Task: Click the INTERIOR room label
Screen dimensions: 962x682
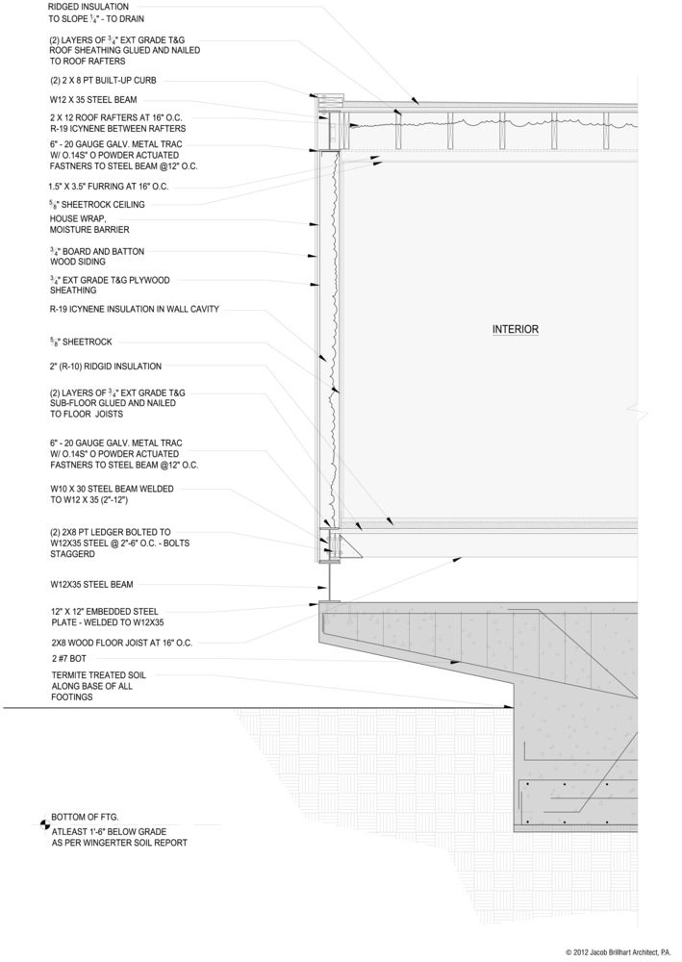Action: click(515, 329)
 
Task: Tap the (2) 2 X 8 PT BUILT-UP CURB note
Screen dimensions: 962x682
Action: click(102, 80)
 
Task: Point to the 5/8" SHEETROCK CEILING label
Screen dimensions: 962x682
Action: click(96, 205)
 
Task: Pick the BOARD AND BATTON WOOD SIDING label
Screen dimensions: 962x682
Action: click(97, 257)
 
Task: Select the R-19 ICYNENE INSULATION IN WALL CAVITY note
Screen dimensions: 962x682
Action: click(134, 310)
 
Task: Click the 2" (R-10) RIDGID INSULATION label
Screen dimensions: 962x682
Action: click(106, 367)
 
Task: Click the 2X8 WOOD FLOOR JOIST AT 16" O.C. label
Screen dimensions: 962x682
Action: click(122, 642)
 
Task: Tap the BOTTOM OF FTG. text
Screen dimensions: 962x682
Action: click(88, 817)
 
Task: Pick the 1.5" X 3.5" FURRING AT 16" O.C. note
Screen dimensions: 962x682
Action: click(108, 187)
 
